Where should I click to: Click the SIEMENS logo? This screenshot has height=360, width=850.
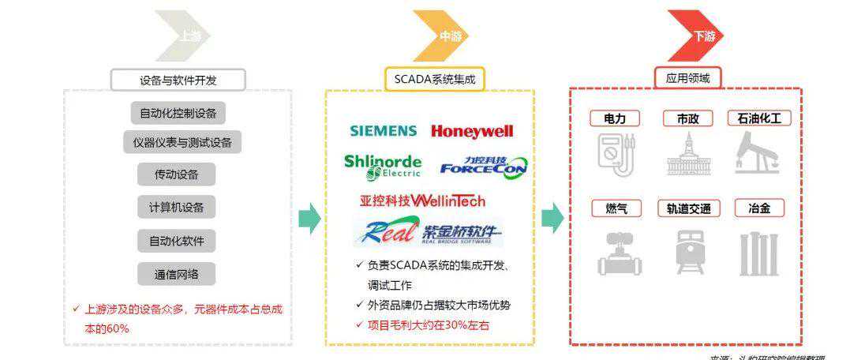[383, 131]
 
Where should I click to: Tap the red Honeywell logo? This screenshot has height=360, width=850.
[472, 131]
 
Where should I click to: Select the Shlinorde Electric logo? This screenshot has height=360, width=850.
[383, 166]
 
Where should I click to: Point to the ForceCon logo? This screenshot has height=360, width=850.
[483, 166]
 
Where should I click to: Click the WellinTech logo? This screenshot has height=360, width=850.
[422, 201]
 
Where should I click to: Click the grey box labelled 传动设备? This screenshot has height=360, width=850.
[177, 174]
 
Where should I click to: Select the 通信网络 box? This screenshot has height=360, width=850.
[177, 275]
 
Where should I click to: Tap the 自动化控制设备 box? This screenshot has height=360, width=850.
[178, 113]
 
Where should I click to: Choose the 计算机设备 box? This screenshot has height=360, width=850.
[177, 208]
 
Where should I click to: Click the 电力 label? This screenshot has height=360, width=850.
[615, 118]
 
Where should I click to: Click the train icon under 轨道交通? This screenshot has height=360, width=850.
[688, 253]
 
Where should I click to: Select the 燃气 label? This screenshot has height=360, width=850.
[616, 208]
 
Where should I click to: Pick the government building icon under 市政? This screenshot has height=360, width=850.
[688, 155]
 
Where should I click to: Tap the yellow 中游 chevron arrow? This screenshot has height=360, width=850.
[441, 36]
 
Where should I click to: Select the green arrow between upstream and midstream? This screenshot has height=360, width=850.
[309, 219]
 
